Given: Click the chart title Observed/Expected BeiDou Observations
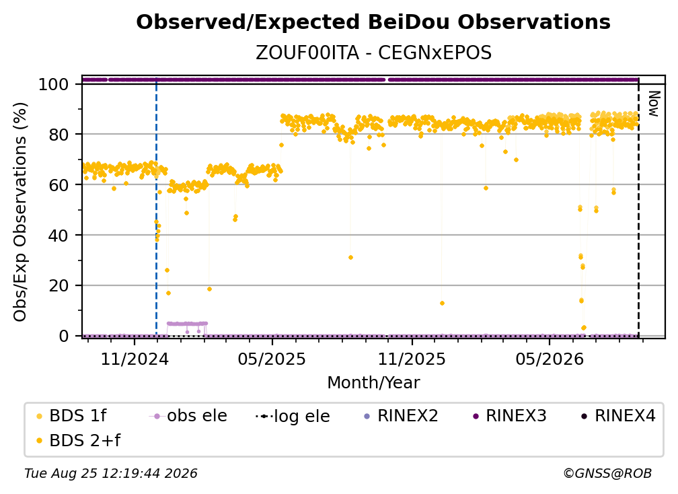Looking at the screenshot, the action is pos(373,22).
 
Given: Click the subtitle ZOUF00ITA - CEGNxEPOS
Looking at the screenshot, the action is pos(373,52).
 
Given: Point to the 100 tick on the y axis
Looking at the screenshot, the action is pos(54,84).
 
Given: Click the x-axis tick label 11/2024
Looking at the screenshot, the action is pos(135,359).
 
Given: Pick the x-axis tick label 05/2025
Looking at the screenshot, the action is pos(272,359).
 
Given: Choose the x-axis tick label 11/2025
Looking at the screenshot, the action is pos(412,359).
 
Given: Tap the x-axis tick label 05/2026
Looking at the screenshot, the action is pos(550,359).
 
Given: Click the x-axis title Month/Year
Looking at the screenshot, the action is pos(373,383).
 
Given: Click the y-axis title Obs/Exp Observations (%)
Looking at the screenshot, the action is pos(20,212).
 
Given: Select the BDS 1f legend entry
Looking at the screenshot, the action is pos(72,416).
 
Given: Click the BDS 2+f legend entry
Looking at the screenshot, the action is pos(78,440).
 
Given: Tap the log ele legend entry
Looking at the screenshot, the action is pos(293,416).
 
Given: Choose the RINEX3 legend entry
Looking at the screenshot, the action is pos(510,416).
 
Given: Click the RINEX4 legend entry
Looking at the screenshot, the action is pos(619,416).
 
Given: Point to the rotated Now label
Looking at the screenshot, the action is pos(654,104).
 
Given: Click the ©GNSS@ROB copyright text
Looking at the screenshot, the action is pos(607,474).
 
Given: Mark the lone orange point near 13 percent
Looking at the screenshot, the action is pos(442,304).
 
